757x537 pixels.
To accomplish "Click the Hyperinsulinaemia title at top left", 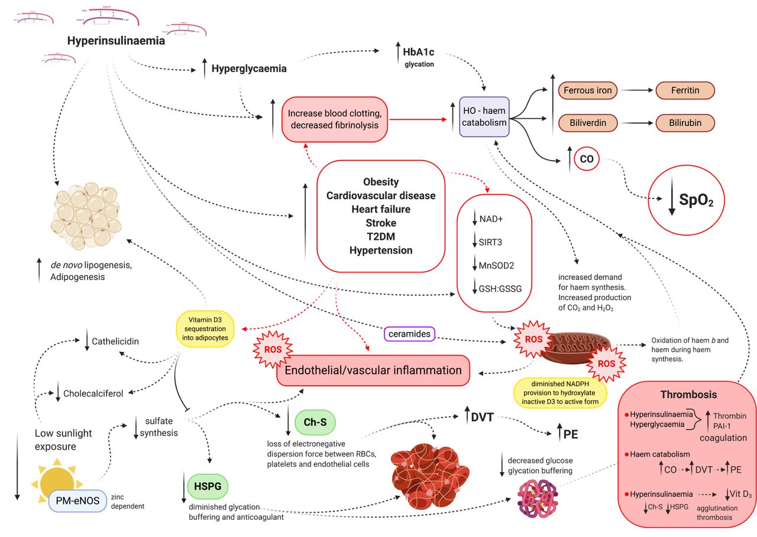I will tap(115, 41).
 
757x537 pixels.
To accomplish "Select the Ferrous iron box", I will tap(587, 90).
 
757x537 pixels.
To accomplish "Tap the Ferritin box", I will tap(685, 90).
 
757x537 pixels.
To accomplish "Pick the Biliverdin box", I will tap(587, 122).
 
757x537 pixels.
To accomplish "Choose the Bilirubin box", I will tap(685, 122).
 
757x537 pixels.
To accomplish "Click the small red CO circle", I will tap(586, 159).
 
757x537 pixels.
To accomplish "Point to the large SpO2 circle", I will tap(688, 201).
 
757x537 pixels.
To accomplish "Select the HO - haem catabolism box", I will tap(484, 117).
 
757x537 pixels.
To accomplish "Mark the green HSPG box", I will tap(208, 486).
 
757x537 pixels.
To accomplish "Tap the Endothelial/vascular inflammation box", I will tap(373, 370).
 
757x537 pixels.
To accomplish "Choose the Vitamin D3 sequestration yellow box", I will tap(205, 327).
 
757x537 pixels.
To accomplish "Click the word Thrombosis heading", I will tap(688, 394).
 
